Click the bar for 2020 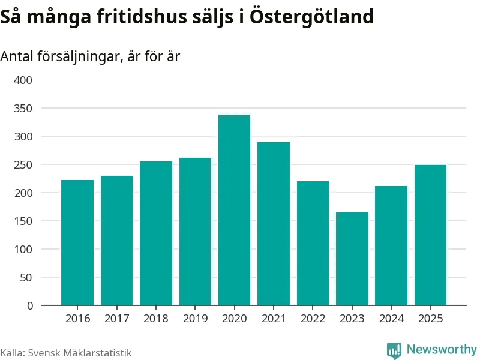click(x=234, y=211)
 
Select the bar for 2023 click(x=352, y=259)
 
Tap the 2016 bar click(x=77, y=242)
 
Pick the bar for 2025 click(x=430, y=235)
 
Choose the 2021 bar click(x=274, y=224)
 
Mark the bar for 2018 click(x=156, y=233)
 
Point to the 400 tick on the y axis click(x=23, y=80)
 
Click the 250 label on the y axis click(x=23, y=164)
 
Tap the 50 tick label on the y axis click(x=26, y=277)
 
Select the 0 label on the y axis click(x=29, y=305)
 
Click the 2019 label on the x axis click(x=196, y=319)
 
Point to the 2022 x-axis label click(x=313, y=319)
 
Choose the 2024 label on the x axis click(x=392, y=319)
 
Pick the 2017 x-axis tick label click(x=117, y=319)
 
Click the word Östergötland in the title click(x=311, y=16)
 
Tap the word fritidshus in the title click(x=142, y=16)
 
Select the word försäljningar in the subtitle click(x=80, y=56)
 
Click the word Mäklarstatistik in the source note click(x=103, y=353)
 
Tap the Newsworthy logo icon click(x=394, y=350)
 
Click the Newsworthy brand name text click(x=442, y=349)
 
